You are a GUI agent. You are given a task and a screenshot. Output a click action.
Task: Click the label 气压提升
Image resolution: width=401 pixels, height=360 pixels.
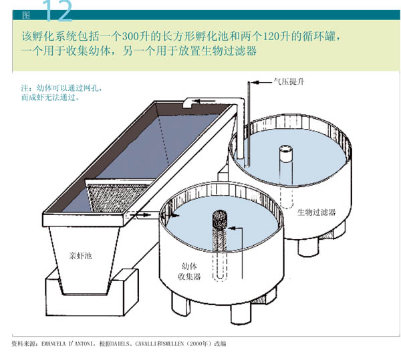tap(289, 81)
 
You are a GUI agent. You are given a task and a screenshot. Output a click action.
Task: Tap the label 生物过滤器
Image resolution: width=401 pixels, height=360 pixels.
tap(316, 212)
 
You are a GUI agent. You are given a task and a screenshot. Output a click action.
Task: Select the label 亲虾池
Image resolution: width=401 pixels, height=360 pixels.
tap(80, 256)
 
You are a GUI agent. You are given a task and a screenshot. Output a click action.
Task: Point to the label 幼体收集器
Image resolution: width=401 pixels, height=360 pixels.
tap(189, 271)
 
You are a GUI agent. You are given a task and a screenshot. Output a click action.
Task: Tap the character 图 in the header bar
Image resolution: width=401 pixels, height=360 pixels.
tap(26, 15)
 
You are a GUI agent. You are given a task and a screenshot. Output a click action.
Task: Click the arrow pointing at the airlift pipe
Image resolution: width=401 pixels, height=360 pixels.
tap(261, 82)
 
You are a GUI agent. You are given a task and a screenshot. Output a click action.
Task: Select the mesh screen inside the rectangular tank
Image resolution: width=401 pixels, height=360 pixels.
tap(118, 196)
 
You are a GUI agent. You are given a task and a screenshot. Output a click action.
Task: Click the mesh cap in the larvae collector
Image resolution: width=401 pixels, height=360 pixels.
tap(220, 219)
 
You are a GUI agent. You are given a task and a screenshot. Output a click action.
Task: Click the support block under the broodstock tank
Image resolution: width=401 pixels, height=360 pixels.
tap(92, 292)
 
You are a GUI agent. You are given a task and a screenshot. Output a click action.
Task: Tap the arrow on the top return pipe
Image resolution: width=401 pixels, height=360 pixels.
tap(202, 101)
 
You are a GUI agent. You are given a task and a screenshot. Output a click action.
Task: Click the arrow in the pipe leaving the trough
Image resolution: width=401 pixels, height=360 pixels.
tap(140, 215)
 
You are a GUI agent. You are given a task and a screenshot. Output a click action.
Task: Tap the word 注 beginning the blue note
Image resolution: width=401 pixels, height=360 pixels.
tap(25, 88)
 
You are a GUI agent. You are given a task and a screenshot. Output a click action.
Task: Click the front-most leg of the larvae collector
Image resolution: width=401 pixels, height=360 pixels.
tap(241, 313)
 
